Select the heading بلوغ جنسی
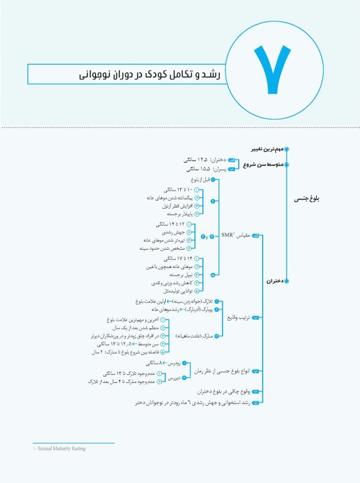308,199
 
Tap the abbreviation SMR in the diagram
228,236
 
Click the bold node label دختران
271,282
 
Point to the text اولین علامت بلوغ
149,302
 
